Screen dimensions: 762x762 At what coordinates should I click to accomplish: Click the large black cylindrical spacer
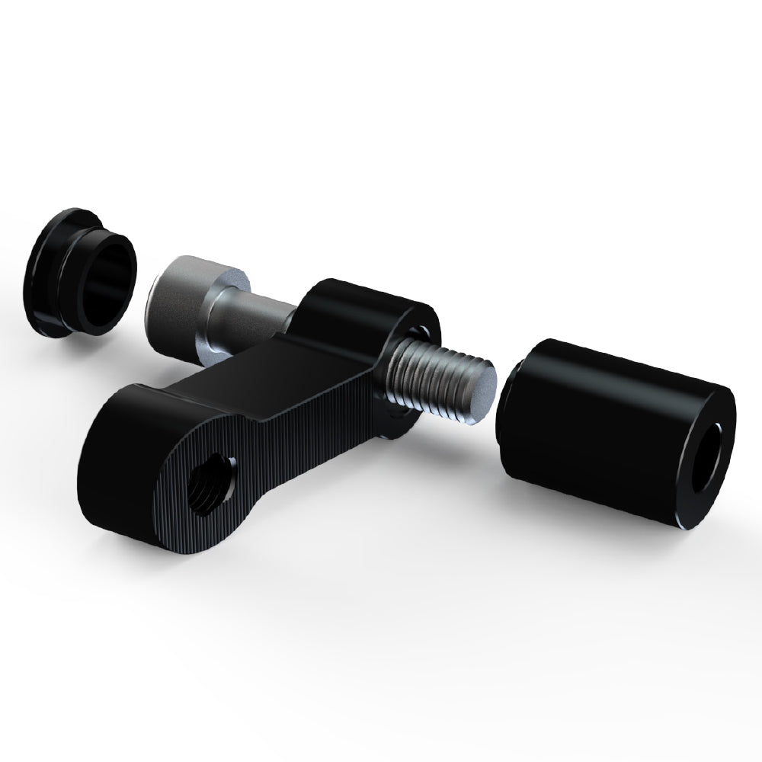pyautogui.click(x=610, y=427)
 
